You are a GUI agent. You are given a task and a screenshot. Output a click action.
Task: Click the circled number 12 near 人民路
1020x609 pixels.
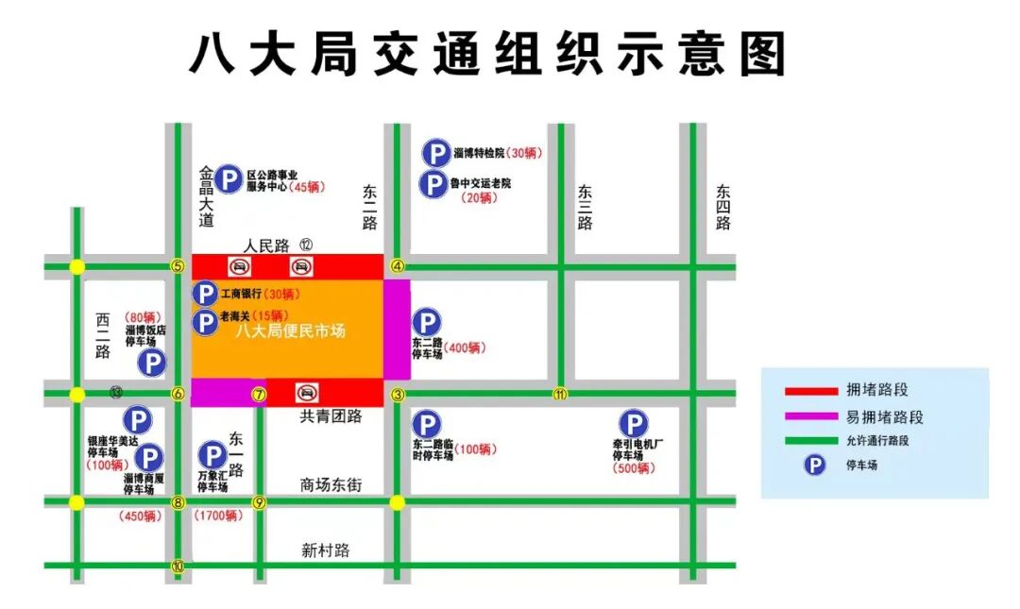(x=306, y=245)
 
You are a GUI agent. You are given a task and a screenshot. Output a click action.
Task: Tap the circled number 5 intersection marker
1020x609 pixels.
(x=177, y=266)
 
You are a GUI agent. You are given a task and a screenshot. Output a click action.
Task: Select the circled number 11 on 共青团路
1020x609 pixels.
(x=560, y=394)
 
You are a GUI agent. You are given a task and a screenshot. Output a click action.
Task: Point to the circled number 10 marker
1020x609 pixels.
(x=178, y=567)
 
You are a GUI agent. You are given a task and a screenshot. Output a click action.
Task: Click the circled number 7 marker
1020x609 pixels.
(x=259, y=394)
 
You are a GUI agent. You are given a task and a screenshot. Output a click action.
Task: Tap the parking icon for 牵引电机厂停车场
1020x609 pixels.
(x=632, y=425)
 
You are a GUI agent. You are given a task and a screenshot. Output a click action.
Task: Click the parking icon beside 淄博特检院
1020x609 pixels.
(x=435, y=153)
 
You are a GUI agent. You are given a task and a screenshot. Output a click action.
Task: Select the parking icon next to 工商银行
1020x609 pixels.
(x=205, y=295)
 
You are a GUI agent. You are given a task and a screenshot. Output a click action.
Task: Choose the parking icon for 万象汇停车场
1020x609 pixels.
(x=210, y=456)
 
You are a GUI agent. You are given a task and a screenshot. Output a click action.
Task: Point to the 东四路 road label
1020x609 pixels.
(x=723, y=207)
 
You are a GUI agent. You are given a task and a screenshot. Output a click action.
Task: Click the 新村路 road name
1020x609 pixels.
(x=326, y=550)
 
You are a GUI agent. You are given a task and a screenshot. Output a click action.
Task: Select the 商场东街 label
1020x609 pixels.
(x=331, y=485)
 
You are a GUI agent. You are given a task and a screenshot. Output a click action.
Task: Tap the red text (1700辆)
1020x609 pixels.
(x=218, y=516)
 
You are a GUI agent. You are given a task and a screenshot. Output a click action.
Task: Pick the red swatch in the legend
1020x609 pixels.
(x=810, y=391)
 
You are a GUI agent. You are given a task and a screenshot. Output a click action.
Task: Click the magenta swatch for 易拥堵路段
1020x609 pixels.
(x=810, y=416)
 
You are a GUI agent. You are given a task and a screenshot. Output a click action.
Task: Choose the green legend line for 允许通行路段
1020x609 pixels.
(x=810, y=441)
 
